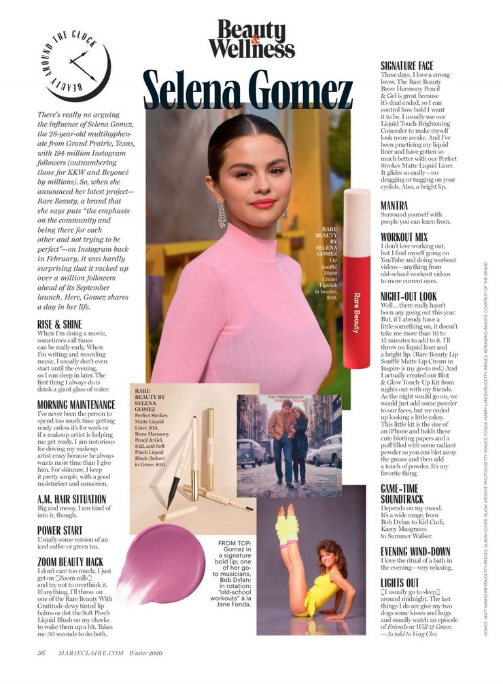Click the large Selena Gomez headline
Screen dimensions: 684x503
tap(248, 92)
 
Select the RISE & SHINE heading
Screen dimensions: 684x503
tap(60, 324)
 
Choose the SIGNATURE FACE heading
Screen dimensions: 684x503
tap(406, 66)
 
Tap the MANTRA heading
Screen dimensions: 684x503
tap(394, 205)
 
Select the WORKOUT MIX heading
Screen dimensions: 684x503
tap(404, 237)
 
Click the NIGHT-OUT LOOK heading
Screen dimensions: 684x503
tap(409, 296)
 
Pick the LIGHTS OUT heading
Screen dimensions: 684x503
tap(400, 583)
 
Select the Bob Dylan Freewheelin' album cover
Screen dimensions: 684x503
tap(289, 436)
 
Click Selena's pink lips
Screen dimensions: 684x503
tap(262, 203)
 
